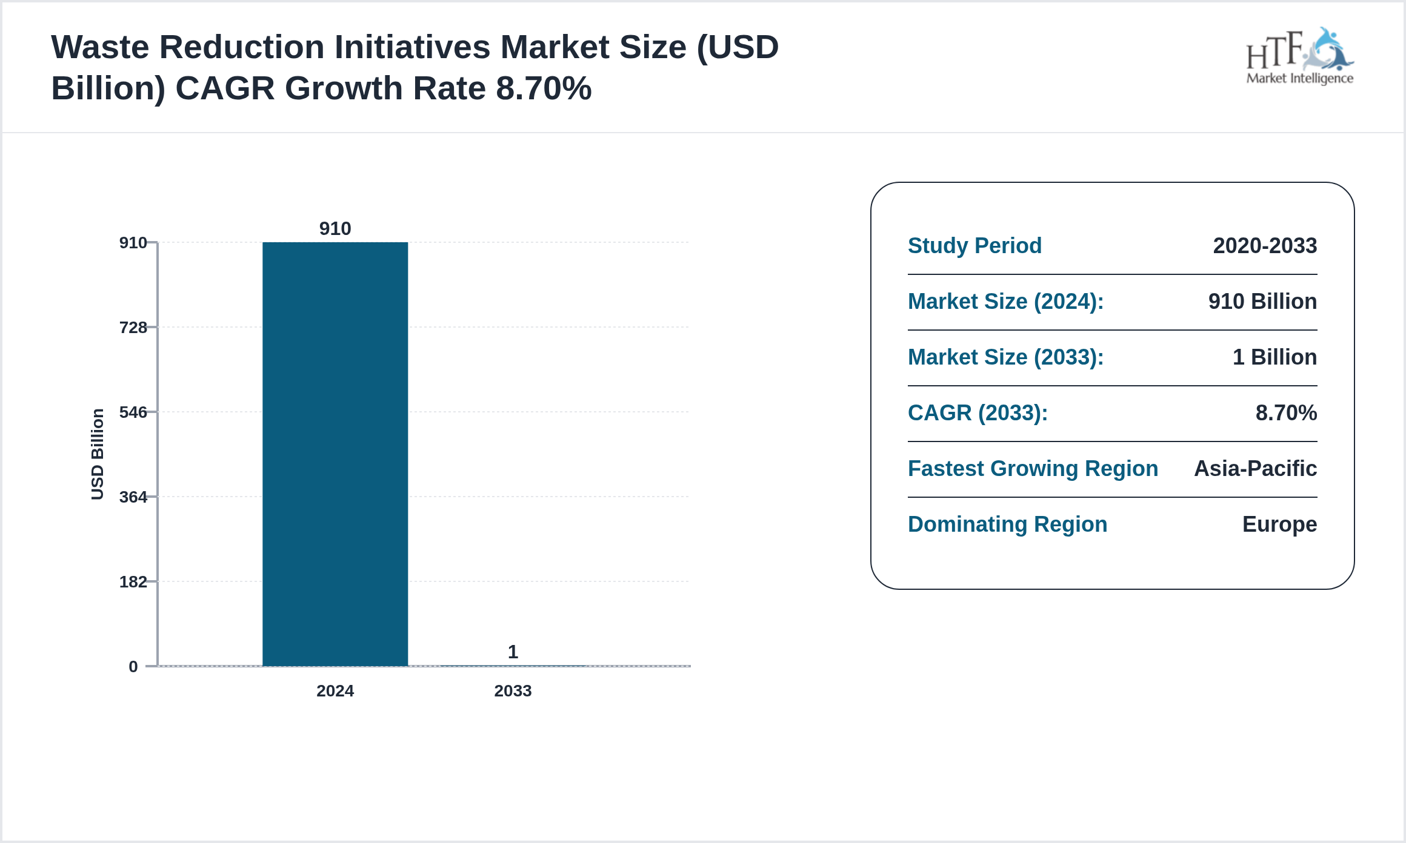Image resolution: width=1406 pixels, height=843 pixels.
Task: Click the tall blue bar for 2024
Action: click(335, 454)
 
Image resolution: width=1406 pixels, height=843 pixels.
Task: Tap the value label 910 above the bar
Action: click(335, 228)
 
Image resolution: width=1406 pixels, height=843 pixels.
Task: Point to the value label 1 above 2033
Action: click(513, 652)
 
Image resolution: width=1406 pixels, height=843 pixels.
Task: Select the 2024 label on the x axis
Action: click(335, 690)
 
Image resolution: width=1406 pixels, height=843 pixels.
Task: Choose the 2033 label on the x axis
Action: click(513, 690)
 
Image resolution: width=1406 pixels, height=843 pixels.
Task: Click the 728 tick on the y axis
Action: click(133, 328)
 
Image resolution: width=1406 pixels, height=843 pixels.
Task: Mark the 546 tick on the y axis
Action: click(133, 412)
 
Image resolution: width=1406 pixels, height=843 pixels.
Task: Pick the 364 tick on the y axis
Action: click(133, 497)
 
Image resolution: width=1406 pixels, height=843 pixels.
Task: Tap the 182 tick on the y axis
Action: click(133, 582)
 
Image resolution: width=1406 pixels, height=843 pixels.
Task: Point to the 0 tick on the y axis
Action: click(133, 667)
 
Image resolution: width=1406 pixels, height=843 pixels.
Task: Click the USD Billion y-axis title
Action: click(98, 454)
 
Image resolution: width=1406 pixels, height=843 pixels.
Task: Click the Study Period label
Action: click(975, 246)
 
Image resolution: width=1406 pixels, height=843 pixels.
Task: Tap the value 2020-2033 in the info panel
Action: click(1265, 246)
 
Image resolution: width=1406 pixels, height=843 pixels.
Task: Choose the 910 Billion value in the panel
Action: click(1262, 302)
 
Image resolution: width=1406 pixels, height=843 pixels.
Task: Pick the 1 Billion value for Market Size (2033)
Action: click(1274, 357)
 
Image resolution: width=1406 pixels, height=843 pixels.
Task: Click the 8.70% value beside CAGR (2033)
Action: click(1286, 413)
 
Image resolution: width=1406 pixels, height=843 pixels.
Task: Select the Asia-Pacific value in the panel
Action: click(1255, 469)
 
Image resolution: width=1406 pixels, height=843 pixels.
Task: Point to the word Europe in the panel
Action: click(1279, 524)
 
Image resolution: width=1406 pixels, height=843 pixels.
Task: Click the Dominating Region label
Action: click(1007, 524)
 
